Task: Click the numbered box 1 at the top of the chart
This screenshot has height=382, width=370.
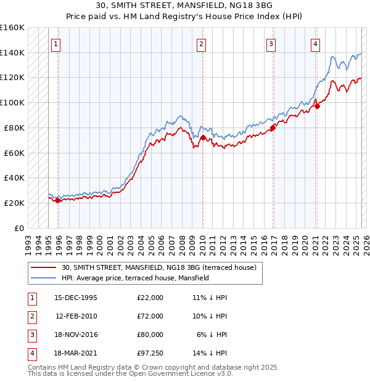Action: pos(55,44)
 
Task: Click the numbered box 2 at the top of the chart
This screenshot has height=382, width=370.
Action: pos(202,44)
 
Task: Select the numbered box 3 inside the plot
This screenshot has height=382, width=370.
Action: pos(271,44)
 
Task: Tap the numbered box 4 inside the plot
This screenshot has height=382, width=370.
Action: pos(315,44)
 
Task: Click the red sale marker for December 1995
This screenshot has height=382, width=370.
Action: pos(58,200)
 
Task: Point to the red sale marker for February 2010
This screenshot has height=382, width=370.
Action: pos(203,137)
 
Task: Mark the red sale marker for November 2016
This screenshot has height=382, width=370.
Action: pos(273,128)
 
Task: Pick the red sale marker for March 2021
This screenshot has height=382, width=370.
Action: pos(317,106)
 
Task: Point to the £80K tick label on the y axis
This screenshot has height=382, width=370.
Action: pos(14,128)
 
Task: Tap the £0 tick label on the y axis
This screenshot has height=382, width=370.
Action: pos(19,228)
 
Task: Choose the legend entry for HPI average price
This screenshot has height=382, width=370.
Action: pos(135,278)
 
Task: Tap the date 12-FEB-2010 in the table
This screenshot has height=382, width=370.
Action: pos(76,315)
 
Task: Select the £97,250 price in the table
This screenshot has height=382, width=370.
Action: pos(150,352)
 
